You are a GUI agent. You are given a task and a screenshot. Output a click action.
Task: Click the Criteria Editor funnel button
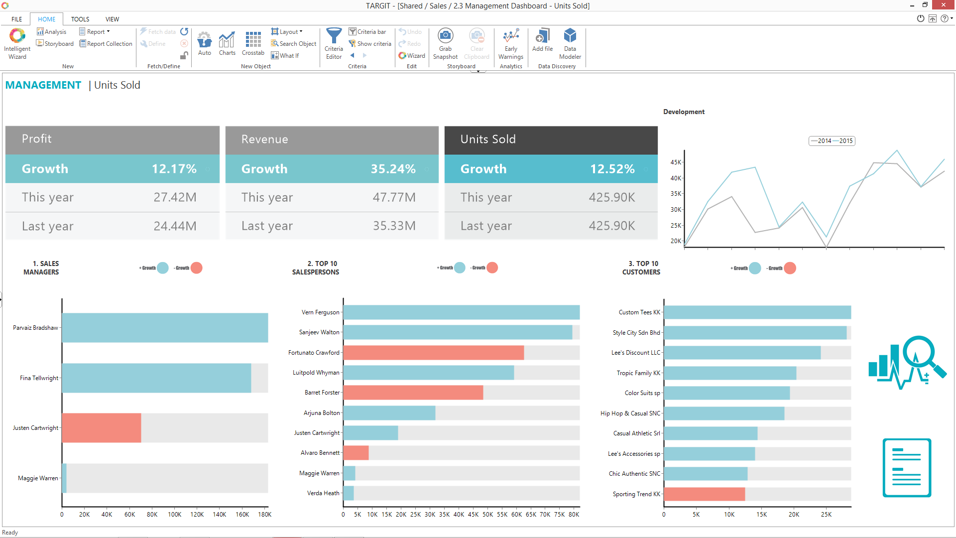[334, 43]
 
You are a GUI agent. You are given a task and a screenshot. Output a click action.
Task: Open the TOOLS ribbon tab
[80, 19]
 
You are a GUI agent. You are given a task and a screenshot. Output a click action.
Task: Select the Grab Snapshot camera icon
[445, 36]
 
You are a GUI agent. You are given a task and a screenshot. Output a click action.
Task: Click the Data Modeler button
[570, 43]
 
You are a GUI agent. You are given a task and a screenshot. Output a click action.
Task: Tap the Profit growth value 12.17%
[174, 169]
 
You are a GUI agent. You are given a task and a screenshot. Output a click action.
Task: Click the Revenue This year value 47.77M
[394, 197]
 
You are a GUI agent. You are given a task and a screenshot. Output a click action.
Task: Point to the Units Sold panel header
[551, 139]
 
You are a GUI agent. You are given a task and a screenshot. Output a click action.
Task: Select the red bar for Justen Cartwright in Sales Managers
[102, 428]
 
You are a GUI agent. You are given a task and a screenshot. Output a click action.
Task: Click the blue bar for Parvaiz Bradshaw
[165, 328]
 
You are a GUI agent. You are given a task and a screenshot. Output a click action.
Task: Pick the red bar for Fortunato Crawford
[433, 353]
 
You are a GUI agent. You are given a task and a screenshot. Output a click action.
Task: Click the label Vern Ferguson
[320, 312]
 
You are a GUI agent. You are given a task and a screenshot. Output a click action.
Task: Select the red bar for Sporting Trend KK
[704, 494]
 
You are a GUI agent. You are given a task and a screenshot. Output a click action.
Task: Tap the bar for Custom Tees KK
[757, 312]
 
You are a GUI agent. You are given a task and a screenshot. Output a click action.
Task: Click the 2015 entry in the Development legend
[845, 141]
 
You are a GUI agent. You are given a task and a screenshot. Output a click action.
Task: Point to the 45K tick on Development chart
[676, 162]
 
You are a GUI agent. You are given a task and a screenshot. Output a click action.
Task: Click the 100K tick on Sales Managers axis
[174, 515]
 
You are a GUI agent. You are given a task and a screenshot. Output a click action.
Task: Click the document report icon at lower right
[906, 467]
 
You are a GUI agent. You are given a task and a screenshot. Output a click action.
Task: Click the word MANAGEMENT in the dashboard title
[43, 85]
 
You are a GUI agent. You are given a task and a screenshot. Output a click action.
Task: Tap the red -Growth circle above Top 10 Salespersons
[492, 268]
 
